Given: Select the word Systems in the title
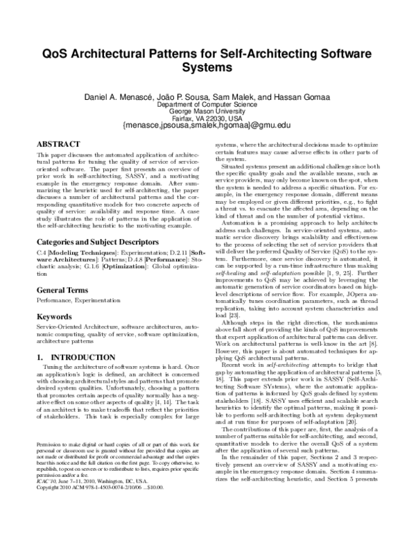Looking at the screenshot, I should pyautogui.click(x=208, y=69).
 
